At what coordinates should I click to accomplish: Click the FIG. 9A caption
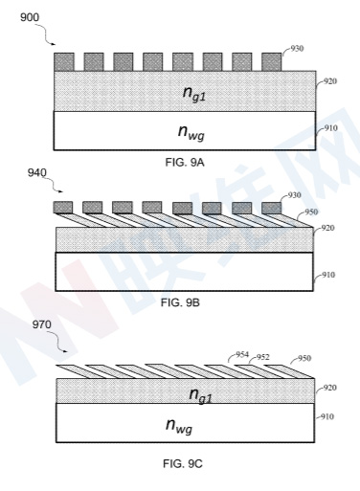(x=185, y=163)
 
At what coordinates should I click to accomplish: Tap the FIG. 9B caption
(x=180, y=302)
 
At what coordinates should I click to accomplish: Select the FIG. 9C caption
(x=183, y=463)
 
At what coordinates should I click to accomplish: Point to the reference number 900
(x=30, y=17)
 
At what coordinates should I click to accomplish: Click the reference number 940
(x=37, y=173)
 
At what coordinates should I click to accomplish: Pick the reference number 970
(x=41, y=324)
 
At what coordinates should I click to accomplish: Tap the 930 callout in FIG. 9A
(x=297, y=49)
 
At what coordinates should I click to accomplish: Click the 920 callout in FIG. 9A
(x=330, y=81)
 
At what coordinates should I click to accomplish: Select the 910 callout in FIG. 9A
(x=331, y=128)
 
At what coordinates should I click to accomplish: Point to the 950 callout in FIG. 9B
(x=311, y=212)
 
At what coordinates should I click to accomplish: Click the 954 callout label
(x=242, y=354)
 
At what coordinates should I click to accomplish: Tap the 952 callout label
(x=263, y=357)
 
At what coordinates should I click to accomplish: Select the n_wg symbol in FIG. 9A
(x=191, y=132)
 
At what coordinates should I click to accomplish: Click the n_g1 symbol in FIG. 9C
(x=200, y=395)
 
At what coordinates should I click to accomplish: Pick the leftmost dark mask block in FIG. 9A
(x=64, y=62)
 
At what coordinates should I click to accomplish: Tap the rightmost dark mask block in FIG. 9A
(x=272, y=62)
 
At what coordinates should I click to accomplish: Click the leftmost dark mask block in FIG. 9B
(x=63, y=208)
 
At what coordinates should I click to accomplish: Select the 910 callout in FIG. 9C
(x=327, y=416)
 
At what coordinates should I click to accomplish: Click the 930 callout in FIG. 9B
(x=294, y=195)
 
